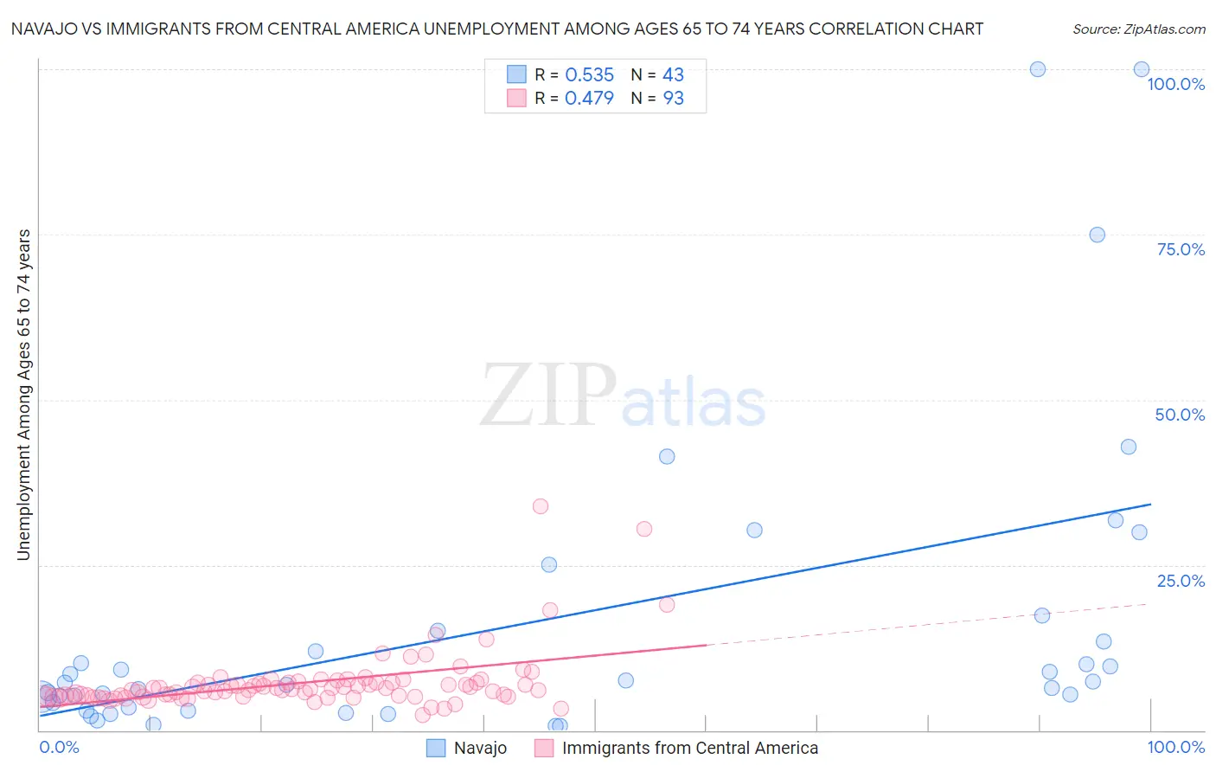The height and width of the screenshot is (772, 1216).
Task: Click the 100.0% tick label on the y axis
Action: click(1175, 84)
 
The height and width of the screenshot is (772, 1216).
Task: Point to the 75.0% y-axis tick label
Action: click(1181, 249)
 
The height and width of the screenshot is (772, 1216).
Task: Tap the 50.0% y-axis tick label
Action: click(1180, 415)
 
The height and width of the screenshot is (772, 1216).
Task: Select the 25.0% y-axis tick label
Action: click(1181, 581)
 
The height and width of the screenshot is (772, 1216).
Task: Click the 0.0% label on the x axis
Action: click(59, 747)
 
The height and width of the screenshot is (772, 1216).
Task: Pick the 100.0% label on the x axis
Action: click(1175, 747)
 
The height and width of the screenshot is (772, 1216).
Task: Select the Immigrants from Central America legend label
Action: click(689, 748)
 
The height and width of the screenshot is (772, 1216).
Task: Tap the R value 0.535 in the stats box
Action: click(589, 74)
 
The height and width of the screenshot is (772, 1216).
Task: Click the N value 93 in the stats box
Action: click(673, 98)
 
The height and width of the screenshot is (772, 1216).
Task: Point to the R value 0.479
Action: click(589, 98)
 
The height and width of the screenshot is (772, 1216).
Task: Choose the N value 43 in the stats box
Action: click(673, 74)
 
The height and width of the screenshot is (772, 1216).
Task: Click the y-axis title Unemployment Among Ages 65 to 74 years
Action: click(23, 395)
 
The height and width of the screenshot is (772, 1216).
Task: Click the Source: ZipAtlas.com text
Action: click(1138, 29)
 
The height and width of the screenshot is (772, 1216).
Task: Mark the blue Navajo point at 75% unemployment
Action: click(1097, 235)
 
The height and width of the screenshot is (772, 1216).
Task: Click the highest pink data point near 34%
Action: click(541, 506)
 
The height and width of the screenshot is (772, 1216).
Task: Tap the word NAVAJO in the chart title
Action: click(48, 29)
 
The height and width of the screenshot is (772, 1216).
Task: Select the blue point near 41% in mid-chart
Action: click(667, 456)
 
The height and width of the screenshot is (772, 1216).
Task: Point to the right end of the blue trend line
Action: click(1150, 504)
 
